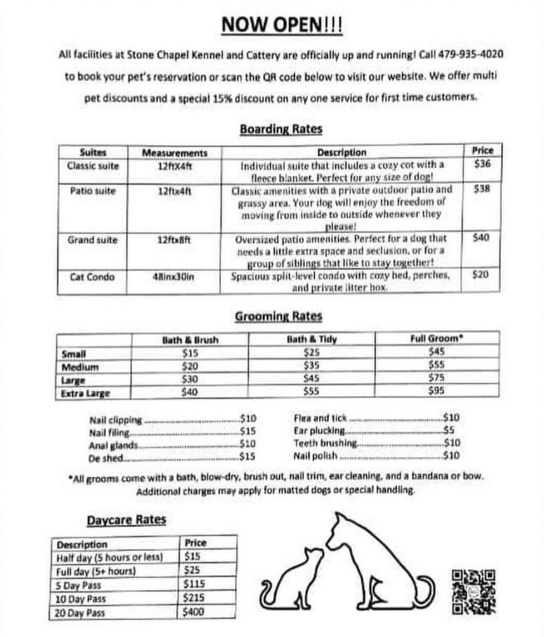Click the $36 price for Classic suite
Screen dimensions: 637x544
coord(482,164)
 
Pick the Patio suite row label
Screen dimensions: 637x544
coord(93,191)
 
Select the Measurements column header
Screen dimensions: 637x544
coord(174,152)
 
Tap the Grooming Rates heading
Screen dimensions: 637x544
coord(278,316)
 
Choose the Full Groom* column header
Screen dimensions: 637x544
coord(437,340)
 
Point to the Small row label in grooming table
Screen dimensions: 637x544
coord(74,354)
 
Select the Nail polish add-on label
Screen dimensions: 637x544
coord(315,456)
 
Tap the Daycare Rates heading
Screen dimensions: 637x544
coord(126,520)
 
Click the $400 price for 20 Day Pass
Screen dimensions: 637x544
coord(194,611)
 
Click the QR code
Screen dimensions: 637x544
coord(474,591)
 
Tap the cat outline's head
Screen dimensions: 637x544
coord(313,556)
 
